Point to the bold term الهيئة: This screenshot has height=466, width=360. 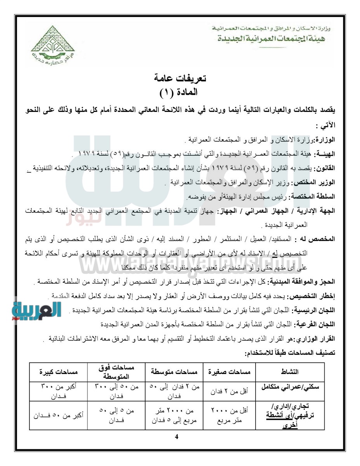tap(325, 154)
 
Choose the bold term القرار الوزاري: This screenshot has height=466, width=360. tap(315, 339)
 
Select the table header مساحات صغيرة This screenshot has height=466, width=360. tap(229, 372)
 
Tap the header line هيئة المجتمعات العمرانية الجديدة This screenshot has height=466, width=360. tap(266, 39)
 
